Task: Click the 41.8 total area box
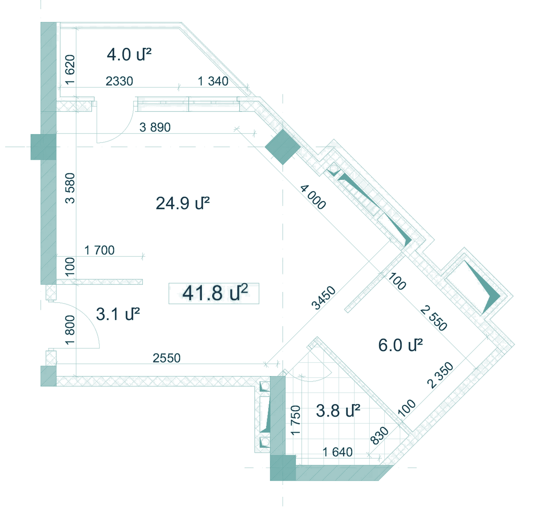pyautogui.click(x=214, y=293)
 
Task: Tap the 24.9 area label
pyautogui.click(x=183, y=203)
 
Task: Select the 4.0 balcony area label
pyautogui.click(x=129, y=54)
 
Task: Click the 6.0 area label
pyautogui.click(x=400, y=345)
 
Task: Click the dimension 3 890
pyautogui.click(x=155, y=127)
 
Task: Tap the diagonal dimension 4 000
pyautogui.click(x=313, y=197)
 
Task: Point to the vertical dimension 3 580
pyautogui.click(x=70, y=188)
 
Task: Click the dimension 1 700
pyautogui.click(x=99, y=250)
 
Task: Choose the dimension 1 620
pyautogui.click(x=70, y=70)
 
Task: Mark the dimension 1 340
pyautogui.click(x=213, y=81)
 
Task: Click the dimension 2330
pyautogui.click(x=119, y=81)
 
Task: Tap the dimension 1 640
pyautogui.click(x=338, y=452)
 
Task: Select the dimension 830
pyautogui.click(x=380, y=436)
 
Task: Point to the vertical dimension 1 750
pyautogui.click(x=296, y=420)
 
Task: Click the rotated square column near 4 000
pyautogui.click(x=283, y=147)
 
